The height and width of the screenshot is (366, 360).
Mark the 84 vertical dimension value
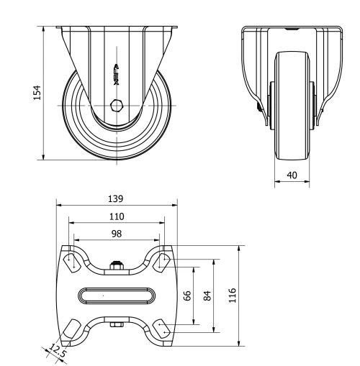coord(208,296)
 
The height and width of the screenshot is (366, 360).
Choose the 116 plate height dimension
coord(233,296)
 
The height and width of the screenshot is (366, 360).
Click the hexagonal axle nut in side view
coord(117,105)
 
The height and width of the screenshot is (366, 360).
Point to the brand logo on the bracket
coord(117,74)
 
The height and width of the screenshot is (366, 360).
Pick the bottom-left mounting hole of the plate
coord(73,330)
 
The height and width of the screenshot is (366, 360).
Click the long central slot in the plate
coord(117,296)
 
